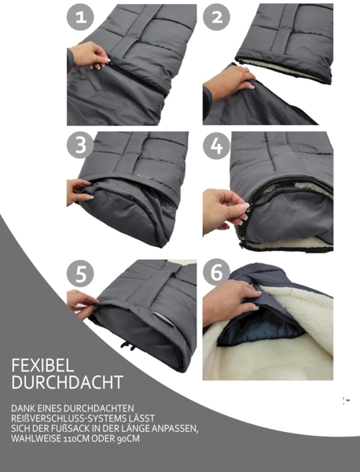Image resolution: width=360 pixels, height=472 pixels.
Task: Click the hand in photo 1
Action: click(x=89, y=54)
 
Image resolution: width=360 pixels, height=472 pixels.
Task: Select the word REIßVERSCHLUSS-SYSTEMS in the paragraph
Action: click(x=60, y=417)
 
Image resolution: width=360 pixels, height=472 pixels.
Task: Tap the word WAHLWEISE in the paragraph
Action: click(x=30, y=438)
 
